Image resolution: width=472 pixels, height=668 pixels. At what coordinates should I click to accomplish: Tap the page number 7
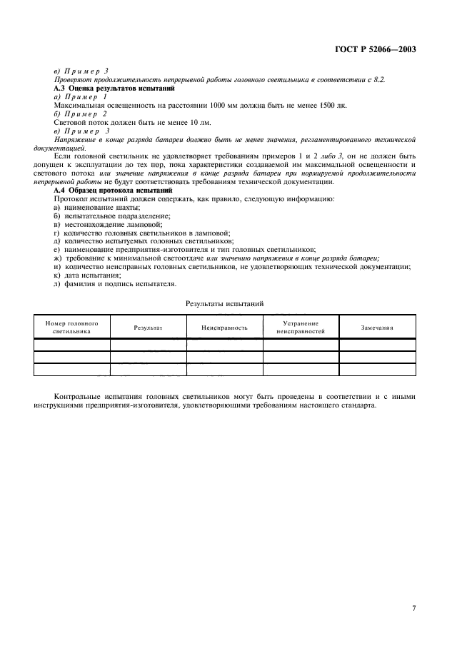coord(413,587)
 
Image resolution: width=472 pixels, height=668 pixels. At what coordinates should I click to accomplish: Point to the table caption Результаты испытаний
coord(225,303)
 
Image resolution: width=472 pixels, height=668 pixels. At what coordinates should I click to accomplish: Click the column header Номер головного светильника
coord(72,327)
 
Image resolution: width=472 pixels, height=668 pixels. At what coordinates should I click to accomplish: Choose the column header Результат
coord(148,328)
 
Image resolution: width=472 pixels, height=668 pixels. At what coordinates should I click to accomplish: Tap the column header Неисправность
coord(224,328)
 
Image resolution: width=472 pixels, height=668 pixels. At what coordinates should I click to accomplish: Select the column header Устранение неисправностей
coord(301,327)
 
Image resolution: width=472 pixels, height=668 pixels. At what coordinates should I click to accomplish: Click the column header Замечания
coord(377,328)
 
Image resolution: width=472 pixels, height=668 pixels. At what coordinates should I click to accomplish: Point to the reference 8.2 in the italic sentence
coord(378,79)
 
